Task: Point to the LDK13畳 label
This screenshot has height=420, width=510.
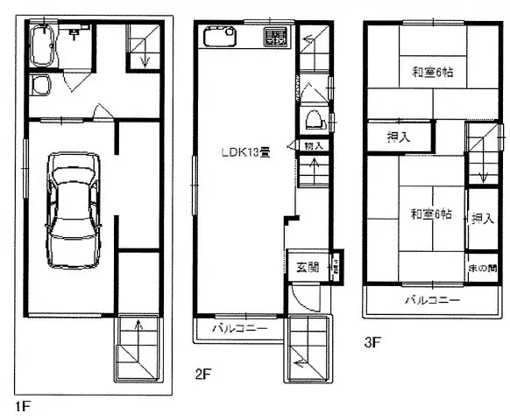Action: pyautogui.click(x=244, y=151)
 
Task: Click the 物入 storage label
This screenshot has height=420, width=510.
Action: pyautogui.click(x=314, y=145)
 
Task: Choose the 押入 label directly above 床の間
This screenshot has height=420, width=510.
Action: pyautogui.click(x=481, y=218)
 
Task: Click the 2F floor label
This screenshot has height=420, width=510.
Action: pyautogui.click(x=203, y=374)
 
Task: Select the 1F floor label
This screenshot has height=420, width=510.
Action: pyautogui.click(x=23, y=406)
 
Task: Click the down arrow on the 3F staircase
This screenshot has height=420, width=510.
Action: pyautogui.click(x=482, y=170)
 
